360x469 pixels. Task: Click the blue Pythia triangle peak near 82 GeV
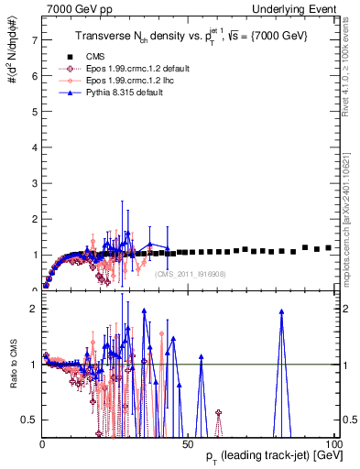[x=281, y=311]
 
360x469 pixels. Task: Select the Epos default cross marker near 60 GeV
[x=218, y=413]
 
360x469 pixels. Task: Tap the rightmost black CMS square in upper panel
[x=328, y=247]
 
